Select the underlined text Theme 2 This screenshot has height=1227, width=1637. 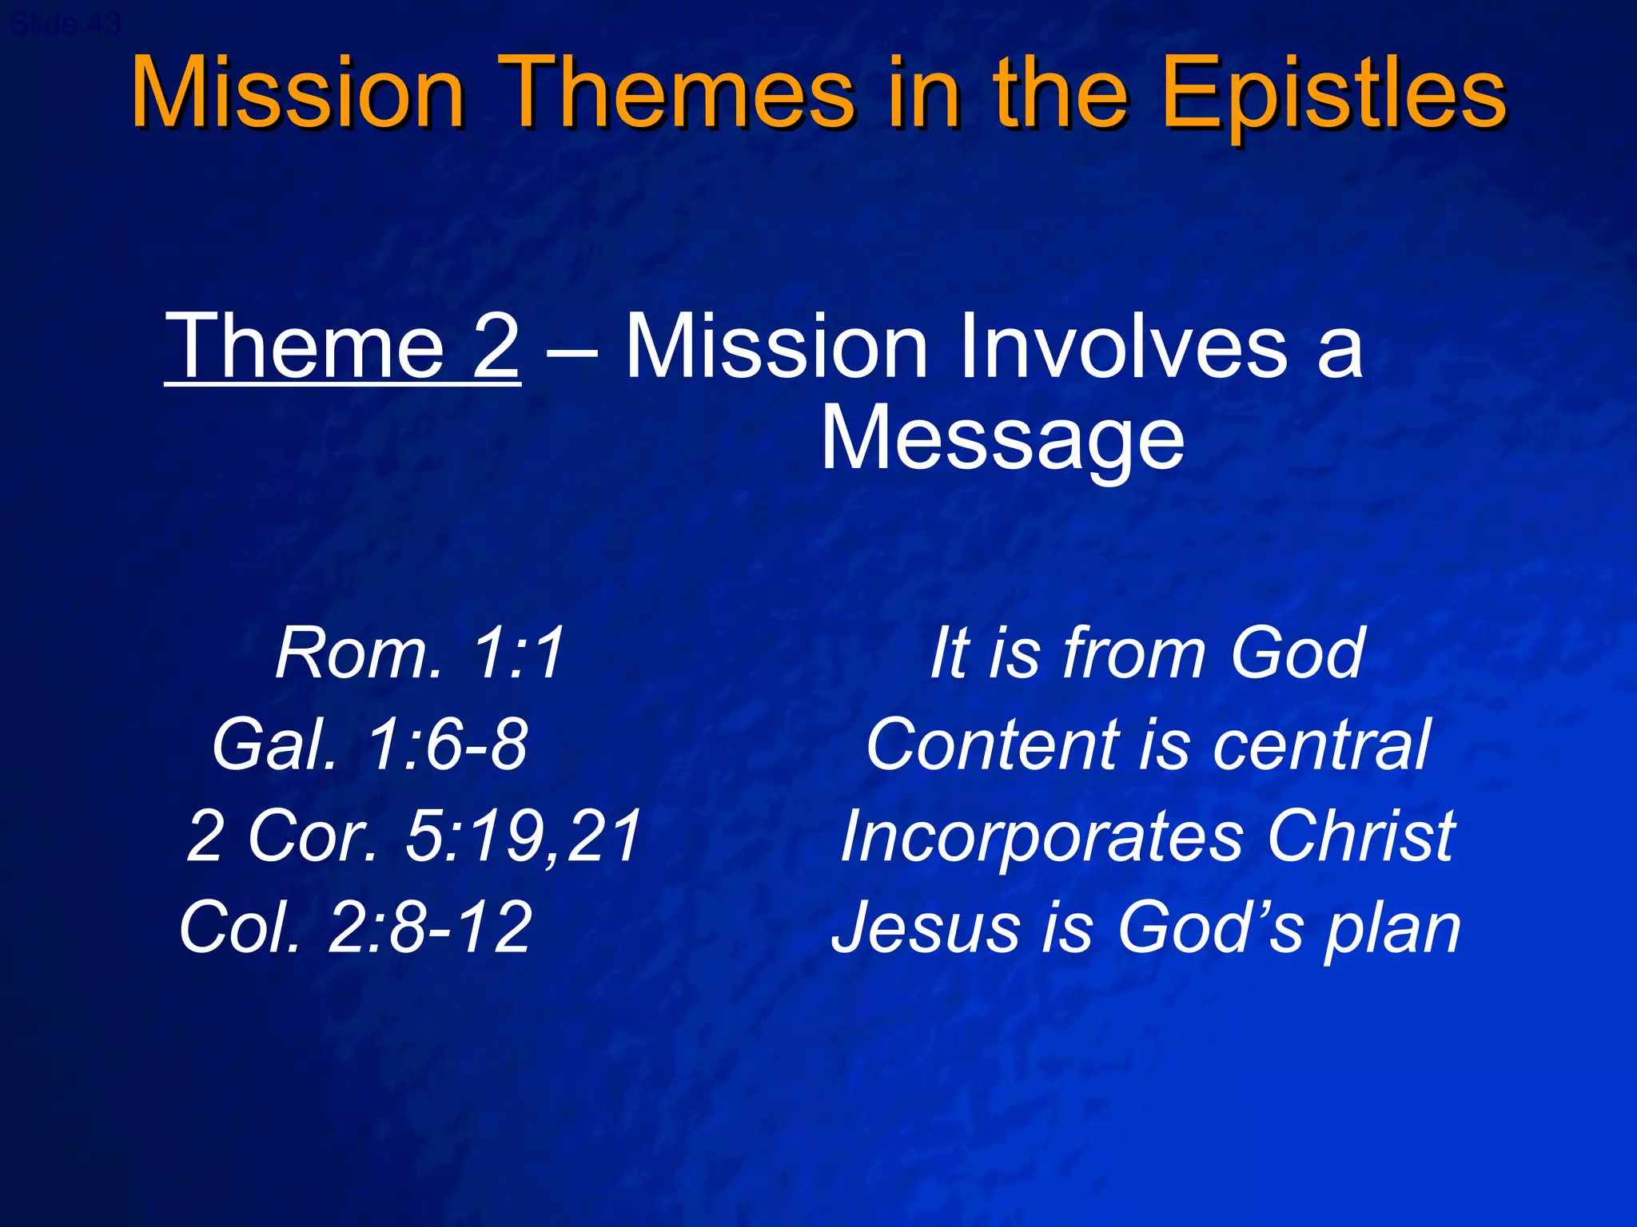coord(342,347)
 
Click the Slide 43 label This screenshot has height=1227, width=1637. coord(66,24)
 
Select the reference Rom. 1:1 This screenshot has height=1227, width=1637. coord(420,653)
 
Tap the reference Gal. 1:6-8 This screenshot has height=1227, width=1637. coord(369,745)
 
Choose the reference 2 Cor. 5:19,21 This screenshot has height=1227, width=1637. coord(413,836)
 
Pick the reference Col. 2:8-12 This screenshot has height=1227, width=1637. coord(356,927)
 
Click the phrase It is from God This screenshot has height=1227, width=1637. coord(1146,653)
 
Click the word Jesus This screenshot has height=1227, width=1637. coord(924,927)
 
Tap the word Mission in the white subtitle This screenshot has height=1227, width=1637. coord(775,347)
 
